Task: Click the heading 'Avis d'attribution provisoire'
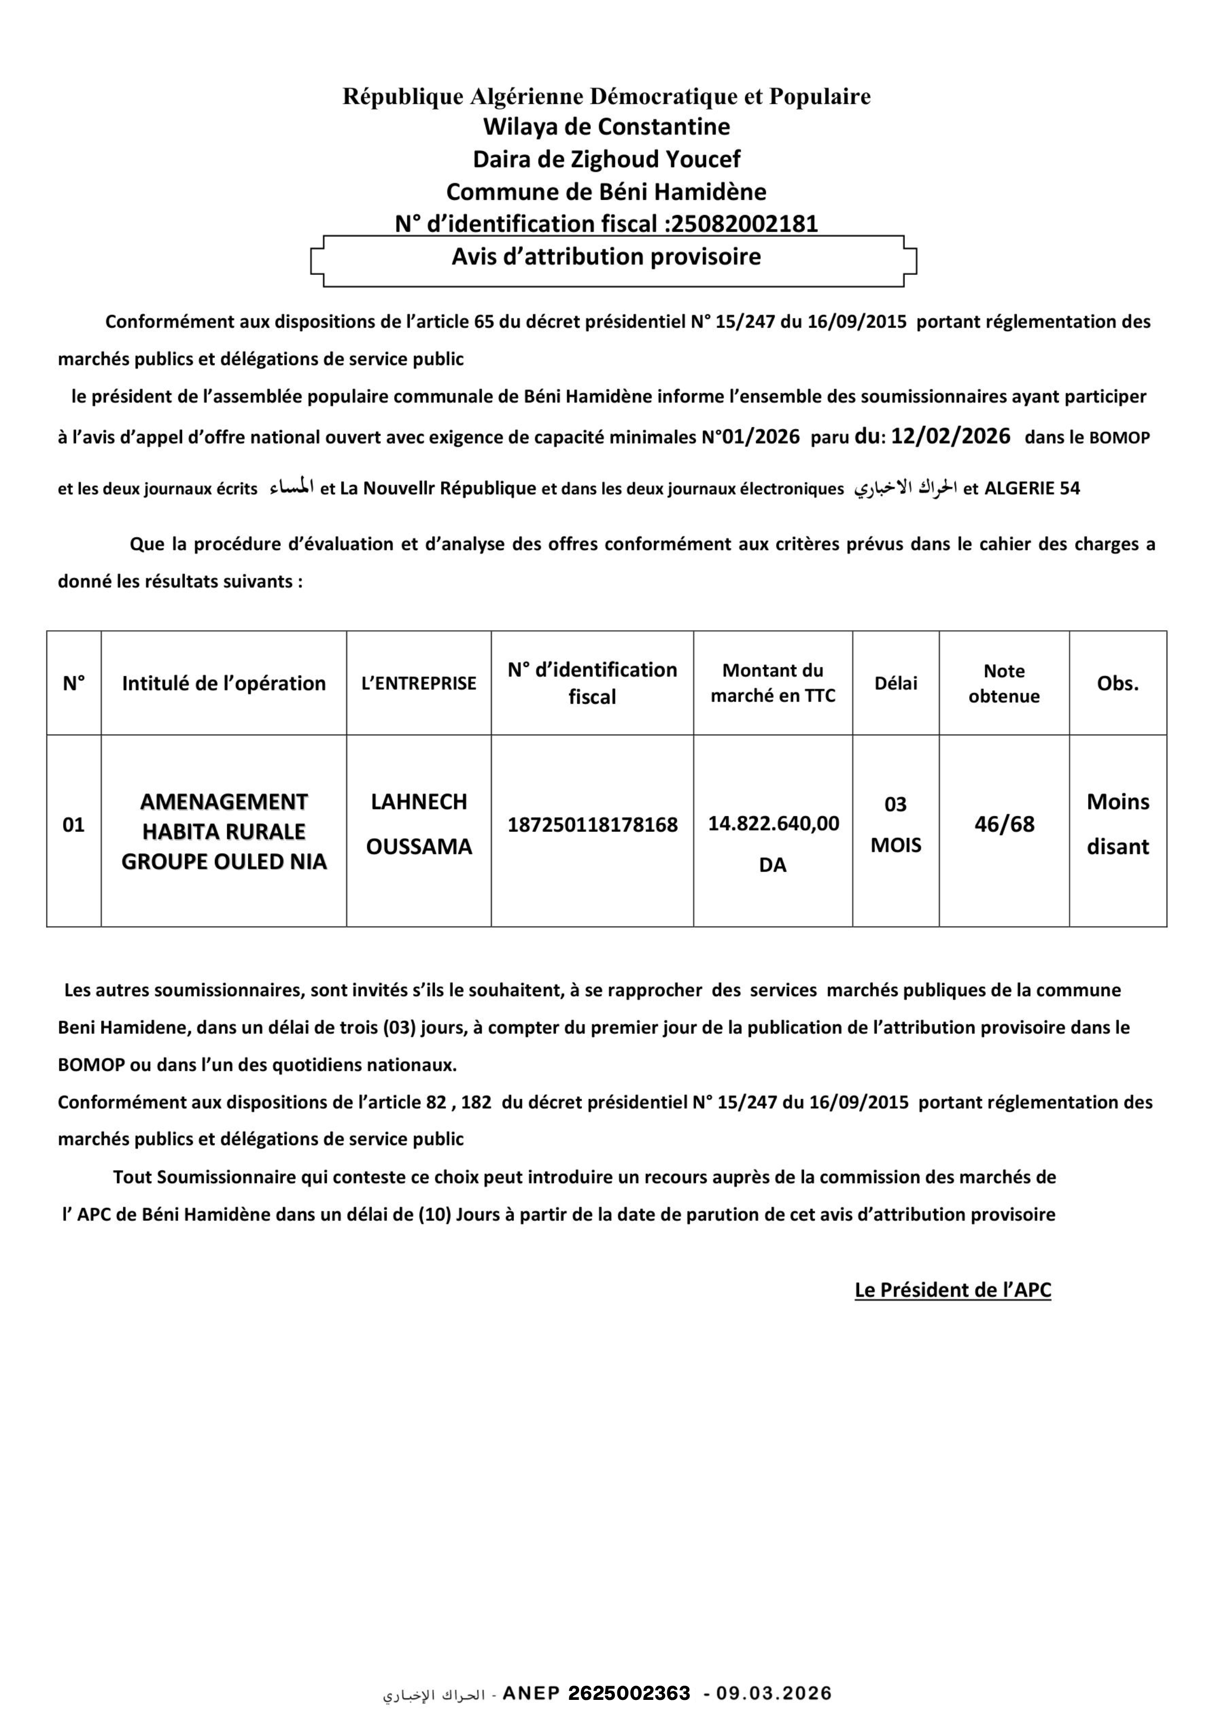tap(606, 257)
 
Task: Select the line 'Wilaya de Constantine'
tap(606, 126)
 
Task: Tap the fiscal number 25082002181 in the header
tap(744, 224)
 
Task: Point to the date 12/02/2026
tap(950, 436)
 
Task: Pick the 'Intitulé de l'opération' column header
tap(224, 683)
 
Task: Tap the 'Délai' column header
tap(895, 683)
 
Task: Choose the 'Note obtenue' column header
tap(1004, 683)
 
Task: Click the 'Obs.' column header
tap(1118, 683)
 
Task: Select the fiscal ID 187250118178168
tap(592, 825)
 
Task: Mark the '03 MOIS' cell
tap(895, 825)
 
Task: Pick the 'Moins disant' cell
tap(1118, 824)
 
